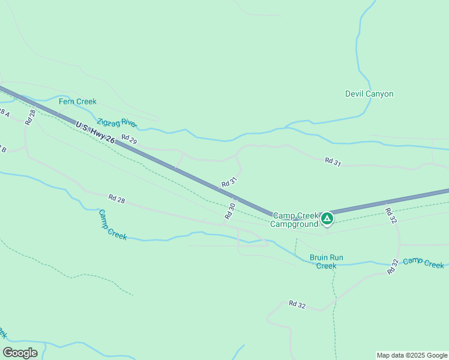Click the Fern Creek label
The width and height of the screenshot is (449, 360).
77,101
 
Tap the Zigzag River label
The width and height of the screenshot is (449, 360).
116,122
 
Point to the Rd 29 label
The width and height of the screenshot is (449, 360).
129,139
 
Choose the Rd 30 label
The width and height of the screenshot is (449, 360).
231,210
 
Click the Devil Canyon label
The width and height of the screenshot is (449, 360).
369,94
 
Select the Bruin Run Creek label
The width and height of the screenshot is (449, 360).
327,262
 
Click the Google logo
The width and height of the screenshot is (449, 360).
20,352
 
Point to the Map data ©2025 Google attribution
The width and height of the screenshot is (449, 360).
412,355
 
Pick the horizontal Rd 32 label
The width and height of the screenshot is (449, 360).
297,305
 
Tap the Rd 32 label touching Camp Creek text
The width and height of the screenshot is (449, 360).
393,266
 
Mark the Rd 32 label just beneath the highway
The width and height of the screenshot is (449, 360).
390,216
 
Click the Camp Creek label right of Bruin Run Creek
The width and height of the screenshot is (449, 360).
424,263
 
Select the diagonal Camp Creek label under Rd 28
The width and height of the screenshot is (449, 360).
112,224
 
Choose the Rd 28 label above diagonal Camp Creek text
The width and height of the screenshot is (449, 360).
116,197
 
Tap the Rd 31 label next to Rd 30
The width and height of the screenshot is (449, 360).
229,181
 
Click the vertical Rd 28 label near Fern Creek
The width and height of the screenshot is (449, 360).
31,117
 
